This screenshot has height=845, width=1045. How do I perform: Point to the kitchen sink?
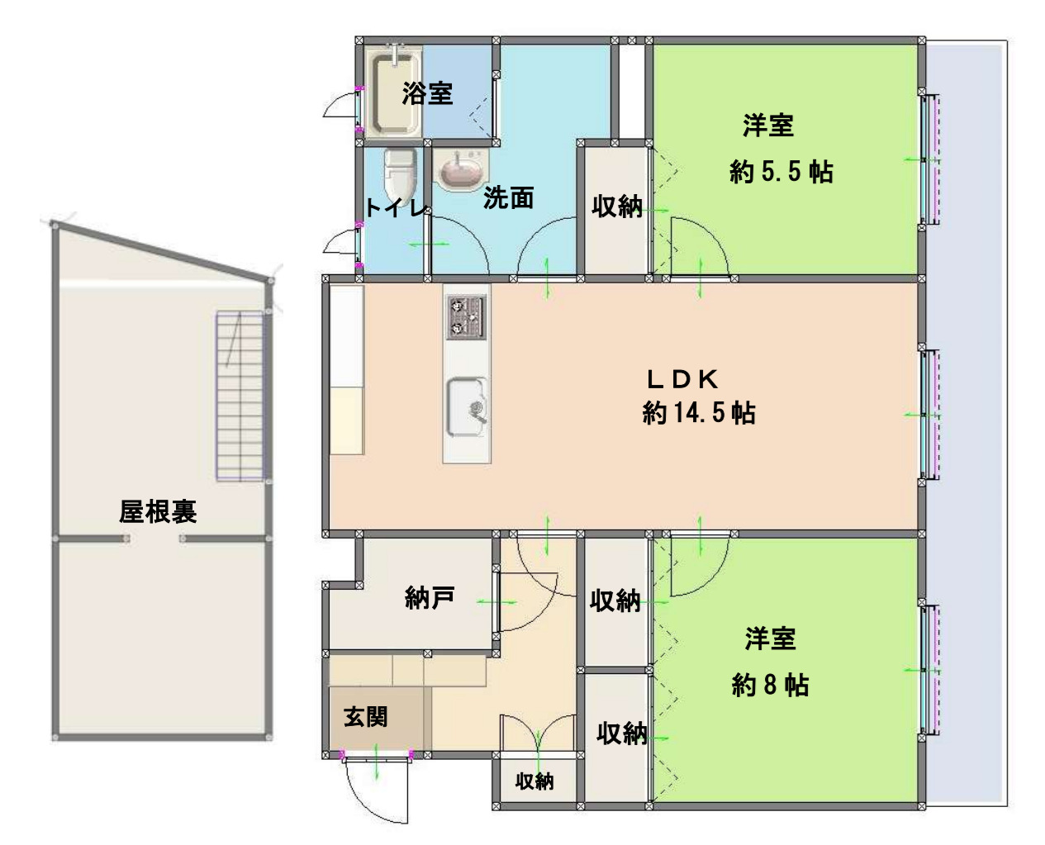467,406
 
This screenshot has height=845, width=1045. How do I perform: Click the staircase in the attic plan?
240,396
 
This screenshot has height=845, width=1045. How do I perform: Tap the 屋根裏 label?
158,512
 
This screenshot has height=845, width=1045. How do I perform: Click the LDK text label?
682,379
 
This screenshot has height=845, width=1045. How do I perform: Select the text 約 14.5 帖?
699,412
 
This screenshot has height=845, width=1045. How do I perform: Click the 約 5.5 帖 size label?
781,173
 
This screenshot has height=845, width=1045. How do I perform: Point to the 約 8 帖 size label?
770,686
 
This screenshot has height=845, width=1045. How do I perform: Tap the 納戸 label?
430,597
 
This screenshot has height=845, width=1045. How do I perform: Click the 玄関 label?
365,716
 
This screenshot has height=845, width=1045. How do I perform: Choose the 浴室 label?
427,93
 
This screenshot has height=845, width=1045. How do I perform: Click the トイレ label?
396,207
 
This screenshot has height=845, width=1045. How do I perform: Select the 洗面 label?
508,197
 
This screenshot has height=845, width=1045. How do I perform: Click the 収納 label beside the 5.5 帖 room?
617,207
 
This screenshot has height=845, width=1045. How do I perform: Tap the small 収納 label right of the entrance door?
534,781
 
